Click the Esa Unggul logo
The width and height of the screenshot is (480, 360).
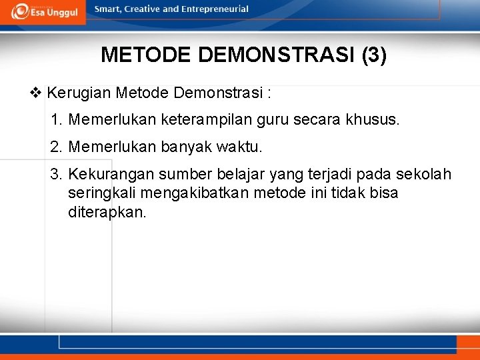coord(43,11)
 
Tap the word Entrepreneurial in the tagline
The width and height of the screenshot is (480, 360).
coord(215,9)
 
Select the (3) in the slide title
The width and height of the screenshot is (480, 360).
coord(373,55)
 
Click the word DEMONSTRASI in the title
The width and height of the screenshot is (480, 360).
coord(277,55)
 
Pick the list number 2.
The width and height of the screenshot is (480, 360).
coord(56,147)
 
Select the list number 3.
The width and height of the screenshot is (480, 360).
coord(56,175)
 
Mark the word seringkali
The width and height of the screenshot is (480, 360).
coord(100,194)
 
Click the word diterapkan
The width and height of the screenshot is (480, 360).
coord(107,213)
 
